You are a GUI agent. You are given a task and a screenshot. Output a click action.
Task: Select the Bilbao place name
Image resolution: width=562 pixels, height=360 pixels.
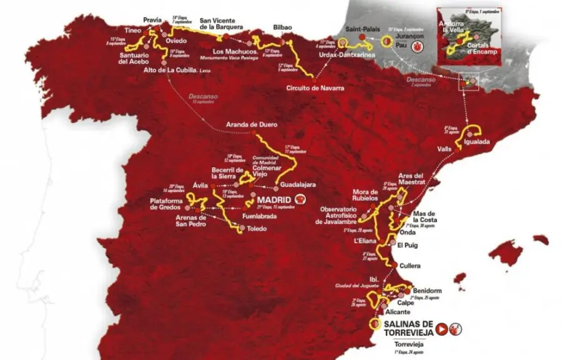pos(283,27)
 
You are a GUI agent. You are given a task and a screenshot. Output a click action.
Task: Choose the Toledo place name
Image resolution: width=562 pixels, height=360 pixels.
pos(257,229)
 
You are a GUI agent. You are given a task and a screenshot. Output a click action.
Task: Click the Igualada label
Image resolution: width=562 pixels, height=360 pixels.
pos(477,142)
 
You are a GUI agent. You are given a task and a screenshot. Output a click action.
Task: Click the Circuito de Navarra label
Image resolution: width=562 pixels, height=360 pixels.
pos(315,88)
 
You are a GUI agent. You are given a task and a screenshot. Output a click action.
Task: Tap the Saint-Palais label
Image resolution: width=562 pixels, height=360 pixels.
pos(360,29)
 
